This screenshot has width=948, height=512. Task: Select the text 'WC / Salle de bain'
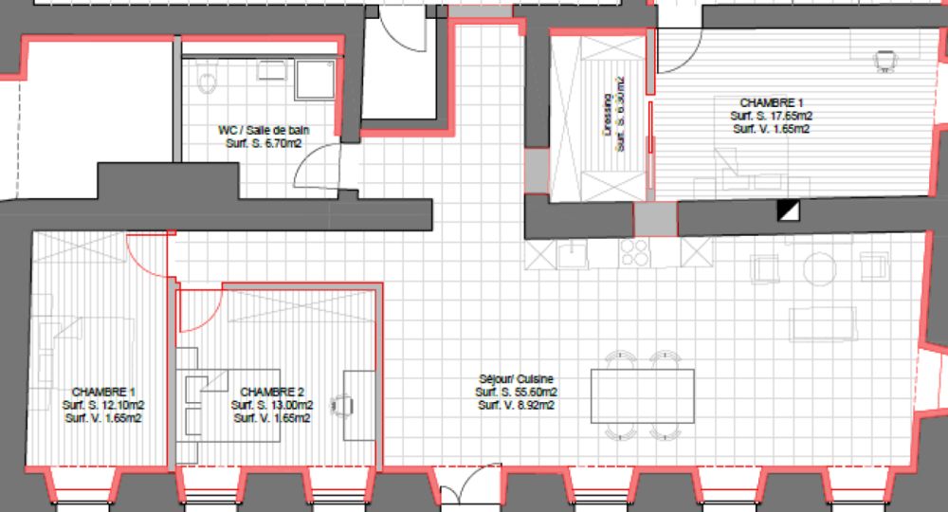pyautogui.click(x=264, y=131)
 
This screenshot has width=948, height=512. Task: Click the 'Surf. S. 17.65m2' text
pyautogui.click(x=771, y=116)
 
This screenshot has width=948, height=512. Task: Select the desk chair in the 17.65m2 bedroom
pyautogui.click(x=885, y=61)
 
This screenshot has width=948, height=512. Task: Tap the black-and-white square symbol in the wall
pyautogui.click(x=786, y=210)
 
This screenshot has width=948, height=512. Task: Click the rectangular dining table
pyautogui.click(x=642, y=395)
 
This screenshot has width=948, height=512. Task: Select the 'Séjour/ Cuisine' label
pyautogui.click(x=516, y=377)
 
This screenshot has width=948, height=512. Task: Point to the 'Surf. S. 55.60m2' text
pyautogui.click(x=516, y=392)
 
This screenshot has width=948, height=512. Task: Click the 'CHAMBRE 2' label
pyautogui.click(x=272, y=392)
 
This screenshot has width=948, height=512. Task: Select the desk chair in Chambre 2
pyautogui.click(x=340, y=404)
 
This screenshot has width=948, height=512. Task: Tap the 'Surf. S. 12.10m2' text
pyautogui.click(x=103, y=405)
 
